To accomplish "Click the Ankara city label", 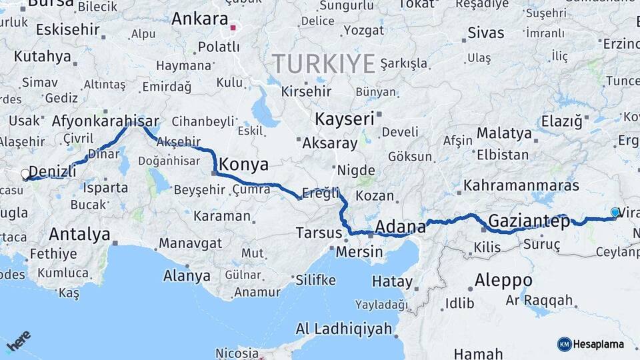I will click(199, 19).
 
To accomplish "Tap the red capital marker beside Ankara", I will click(233, 28).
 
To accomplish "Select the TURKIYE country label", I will click(323, 64).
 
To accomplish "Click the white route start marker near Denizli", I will click(25, 175).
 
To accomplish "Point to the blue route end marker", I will click(615, 212).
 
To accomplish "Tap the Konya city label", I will click(244, 164).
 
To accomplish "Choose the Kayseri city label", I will click(344, 119).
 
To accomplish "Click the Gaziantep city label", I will click(529, 221).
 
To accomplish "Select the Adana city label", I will click(400, 227).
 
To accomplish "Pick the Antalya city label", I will click(79, 234).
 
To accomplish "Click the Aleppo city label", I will click(503, 280).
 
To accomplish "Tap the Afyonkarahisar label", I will click(105, 121).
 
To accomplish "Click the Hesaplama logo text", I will click(598, 344).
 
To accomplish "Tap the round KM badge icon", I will click(564, 344).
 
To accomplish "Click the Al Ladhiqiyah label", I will click(344, 329).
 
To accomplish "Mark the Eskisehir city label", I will click(67, 30).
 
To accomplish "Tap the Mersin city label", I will click(359, 252).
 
